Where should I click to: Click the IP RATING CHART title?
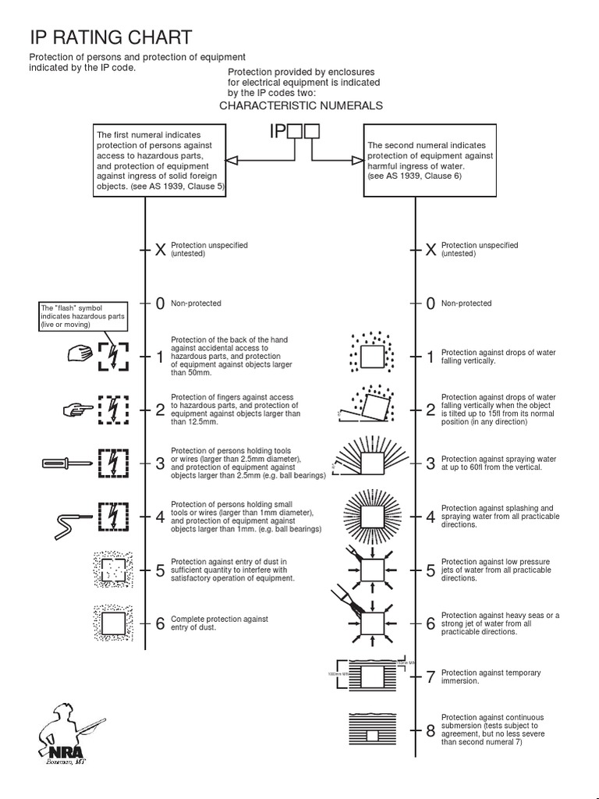pyautogui.click(x=110, y=37)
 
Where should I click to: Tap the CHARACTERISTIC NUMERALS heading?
pyautogui.click(x=301, y=105)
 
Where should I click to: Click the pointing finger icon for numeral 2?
pyautogui.click(x=78, y=408)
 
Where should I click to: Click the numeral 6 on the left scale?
pyautogui.click(x=160, y=623)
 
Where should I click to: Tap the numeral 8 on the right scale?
pyautogui.click(x=430, y=731)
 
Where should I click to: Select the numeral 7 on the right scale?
pyautogui.click(x=430, y=676)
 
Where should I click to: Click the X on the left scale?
pyautogui.click(x=160, y=250)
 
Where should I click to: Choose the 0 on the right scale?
pyautogui.click(x=430, y=304)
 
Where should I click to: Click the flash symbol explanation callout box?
pyautogui.click(x=83, y=316)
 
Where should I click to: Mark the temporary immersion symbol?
pyautogui.click(x=370, y=673)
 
